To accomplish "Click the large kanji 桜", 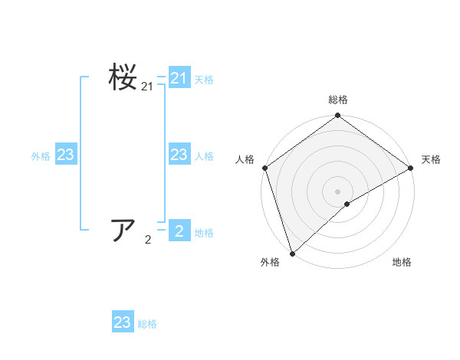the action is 123,79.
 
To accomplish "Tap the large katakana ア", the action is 123,230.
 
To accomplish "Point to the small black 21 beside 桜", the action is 147,88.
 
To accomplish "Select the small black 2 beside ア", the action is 147,240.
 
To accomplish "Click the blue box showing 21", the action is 179,78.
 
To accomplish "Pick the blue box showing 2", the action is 179,231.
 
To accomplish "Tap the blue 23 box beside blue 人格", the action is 179,155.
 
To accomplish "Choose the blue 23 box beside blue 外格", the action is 65,155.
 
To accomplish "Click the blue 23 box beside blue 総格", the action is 122,322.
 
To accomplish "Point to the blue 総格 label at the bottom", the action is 147,324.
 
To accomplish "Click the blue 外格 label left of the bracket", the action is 41,156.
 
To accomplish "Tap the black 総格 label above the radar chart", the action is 337,100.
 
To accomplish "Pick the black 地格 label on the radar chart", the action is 402,263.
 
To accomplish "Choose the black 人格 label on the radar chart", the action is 245,159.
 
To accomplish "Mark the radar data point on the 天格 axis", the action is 410,168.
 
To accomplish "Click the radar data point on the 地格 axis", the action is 347,204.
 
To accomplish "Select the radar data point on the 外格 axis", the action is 292,253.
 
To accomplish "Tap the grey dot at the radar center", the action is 337,191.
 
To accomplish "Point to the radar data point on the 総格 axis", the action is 337,116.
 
